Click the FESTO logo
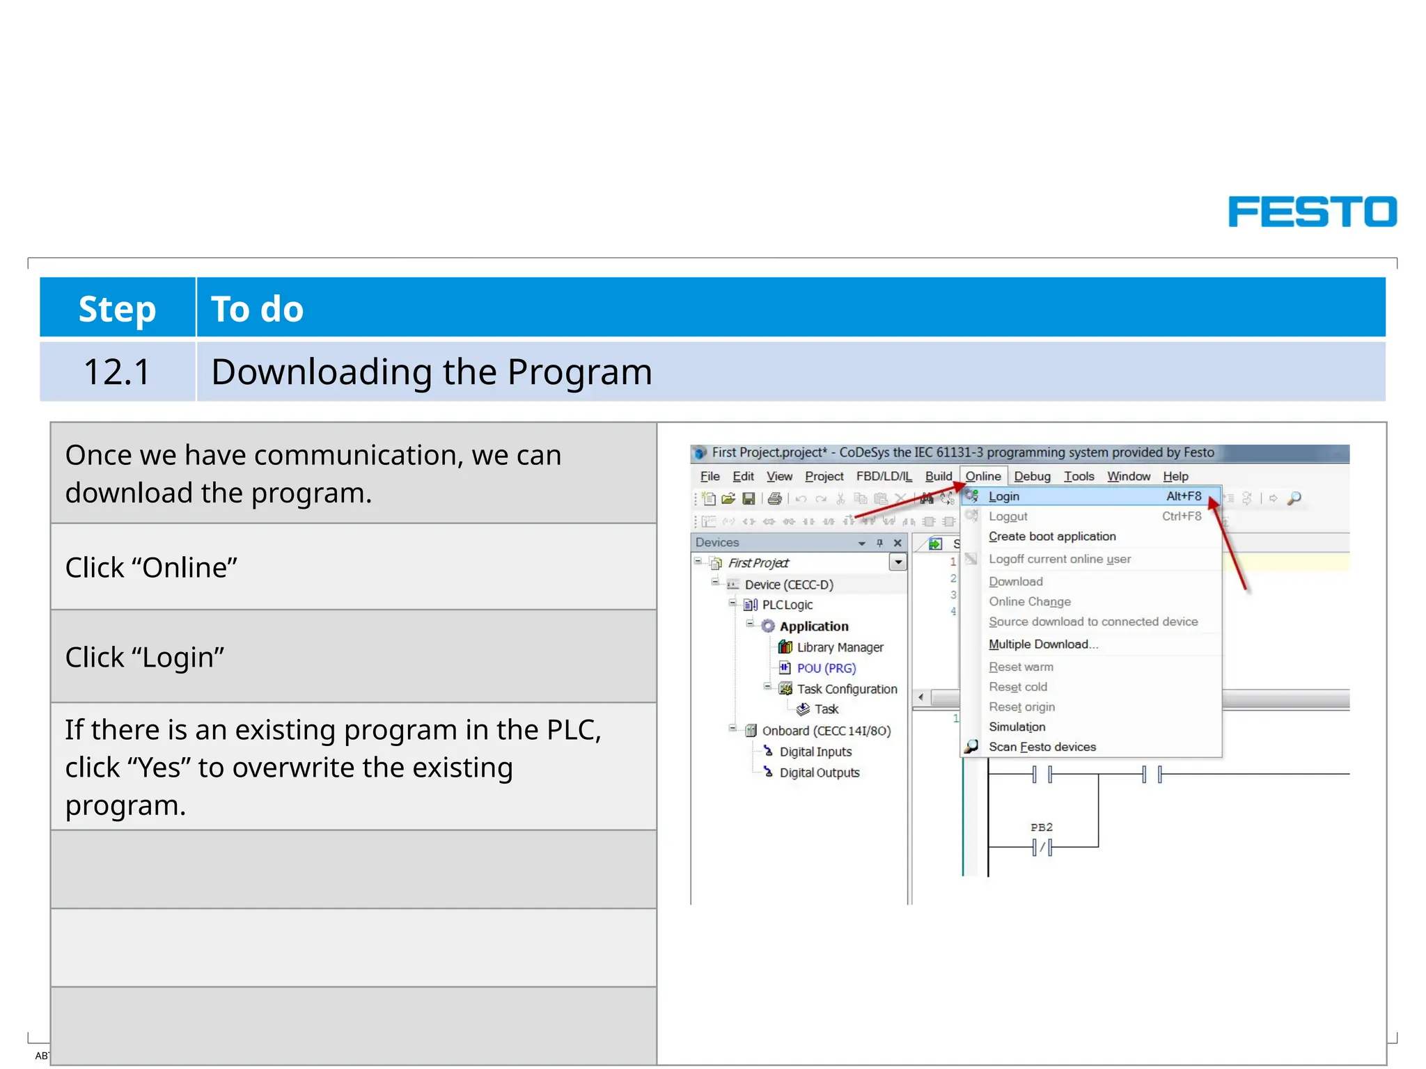click(x=1312, y=212)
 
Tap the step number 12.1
click(x=117, y=372)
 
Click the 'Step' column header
click(x=117, y=308)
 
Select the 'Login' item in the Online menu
click(x=1003, y=496)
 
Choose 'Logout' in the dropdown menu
click(x=1008, y=516)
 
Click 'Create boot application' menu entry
click(x=1051, y=537)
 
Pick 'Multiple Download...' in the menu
click(x=1042, y=644)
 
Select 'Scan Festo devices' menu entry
click(x=1042, y=747)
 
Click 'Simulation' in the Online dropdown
click(x=1017, y=727)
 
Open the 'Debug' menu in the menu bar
click(x=1032, y=476)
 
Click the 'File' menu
click(x=710, y=476)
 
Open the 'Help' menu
click(x=1175, y=476)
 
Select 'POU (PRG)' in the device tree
click(x=826, y=668)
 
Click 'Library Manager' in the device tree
click(x=840, y=647)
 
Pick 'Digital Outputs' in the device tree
click(x=819, y=773)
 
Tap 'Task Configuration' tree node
click(x=847, y=689)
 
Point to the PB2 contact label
click(x=1041, y=828)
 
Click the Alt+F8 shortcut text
click(x=1184, y=496)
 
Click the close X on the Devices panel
click(x=898, y=543)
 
